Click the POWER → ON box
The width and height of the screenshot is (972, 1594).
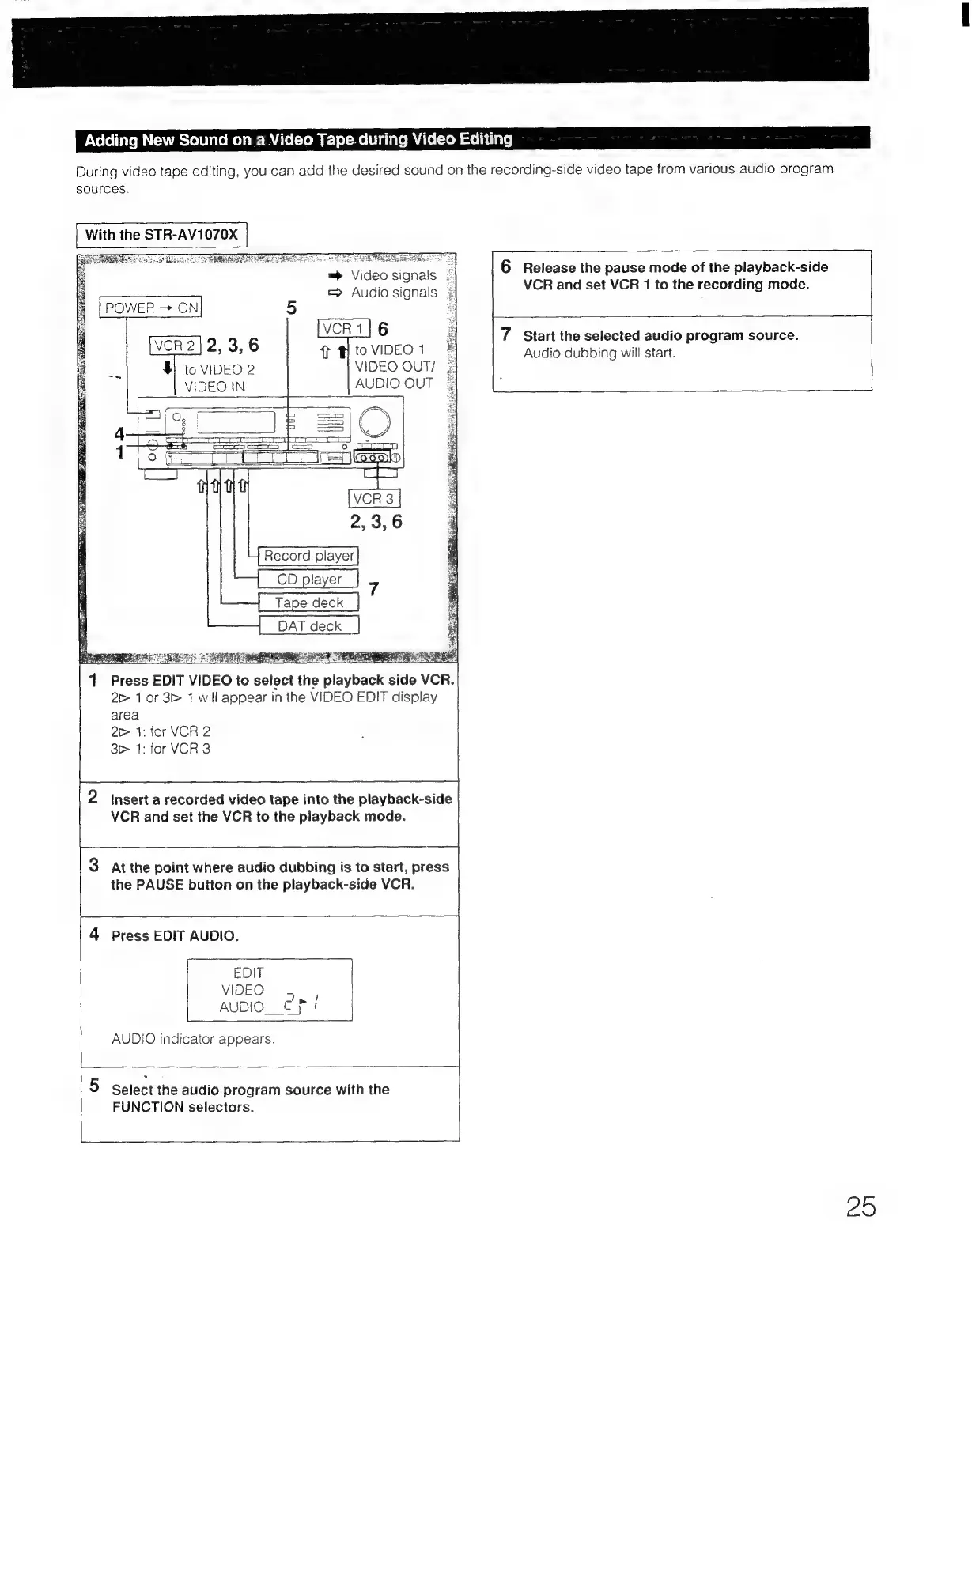151,307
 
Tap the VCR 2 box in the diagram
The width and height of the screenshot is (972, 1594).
176,345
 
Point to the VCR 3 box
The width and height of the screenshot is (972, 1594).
374,498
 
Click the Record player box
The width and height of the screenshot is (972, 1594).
308,556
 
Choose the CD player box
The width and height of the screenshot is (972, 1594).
308,579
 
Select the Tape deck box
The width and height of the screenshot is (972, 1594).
308,602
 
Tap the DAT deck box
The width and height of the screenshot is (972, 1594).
308,625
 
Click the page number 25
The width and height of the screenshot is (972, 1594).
860,1207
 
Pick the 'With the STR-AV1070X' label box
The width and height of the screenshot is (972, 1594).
161,235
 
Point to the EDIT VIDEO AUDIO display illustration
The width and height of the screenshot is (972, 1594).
269,989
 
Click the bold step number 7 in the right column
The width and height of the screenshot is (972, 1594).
505,334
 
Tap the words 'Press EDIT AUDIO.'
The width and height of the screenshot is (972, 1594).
175,935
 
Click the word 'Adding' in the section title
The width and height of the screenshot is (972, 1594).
111,141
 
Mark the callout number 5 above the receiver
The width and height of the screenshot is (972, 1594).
291,308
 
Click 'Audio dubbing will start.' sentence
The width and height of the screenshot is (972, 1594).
599,353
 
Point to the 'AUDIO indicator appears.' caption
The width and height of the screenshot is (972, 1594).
193,1039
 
